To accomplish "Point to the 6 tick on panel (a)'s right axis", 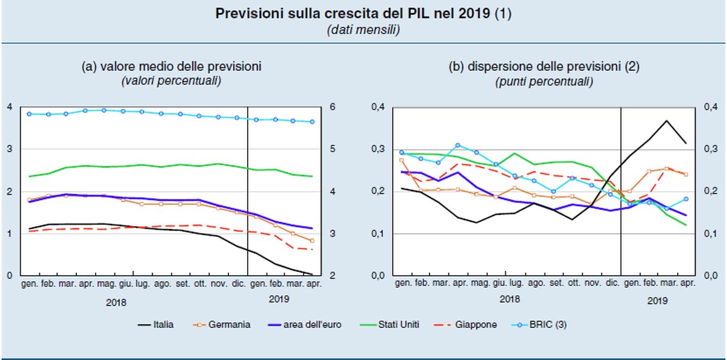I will coord(332,107).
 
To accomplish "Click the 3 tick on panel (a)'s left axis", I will coord(10,149).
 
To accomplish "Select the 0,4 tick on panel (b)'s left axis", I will coord(378,107).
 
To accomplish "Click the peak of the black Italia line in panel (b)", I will coord(667,121).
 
